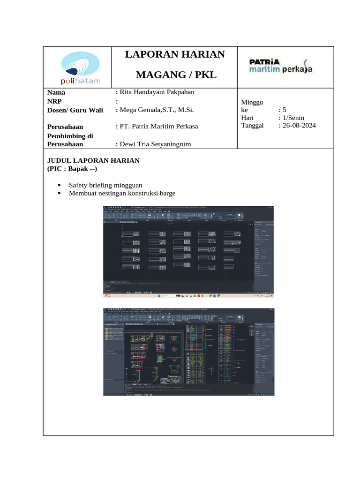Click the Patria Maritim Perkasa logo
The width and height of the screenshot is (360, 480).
[280, 66]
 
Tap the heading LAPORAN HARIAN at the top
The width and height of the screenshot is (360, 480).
[175, 54]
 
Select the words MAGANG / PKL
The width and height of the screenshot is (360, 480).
[176, 75]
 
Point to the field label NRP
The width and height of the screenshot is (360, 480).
[54, 101]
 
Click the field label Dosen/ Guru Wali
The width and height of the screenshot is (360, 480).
[75, 111]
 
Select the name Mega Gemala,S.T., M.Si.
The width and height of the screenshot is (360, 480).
[157, 110]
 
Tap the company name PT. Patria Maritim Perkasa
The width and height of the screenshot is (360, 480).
[159, 127]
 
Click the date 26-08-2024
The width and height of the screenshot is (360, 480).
[297, 126]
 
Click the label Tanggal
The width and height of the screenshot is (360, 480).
[253, 126]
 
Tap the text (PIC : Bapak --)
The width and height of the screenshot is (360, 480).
[72, 168]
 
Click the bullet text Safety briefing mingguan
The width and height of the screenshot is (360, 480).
[105, 185]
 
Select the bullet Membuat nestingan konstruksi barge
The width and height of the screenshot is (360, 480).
[122, 193]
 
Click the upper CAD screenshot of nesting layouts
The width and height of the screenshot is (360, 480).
[187, 251]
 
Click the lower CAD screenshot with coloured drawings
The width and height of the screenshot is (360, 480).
[187, 352]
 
